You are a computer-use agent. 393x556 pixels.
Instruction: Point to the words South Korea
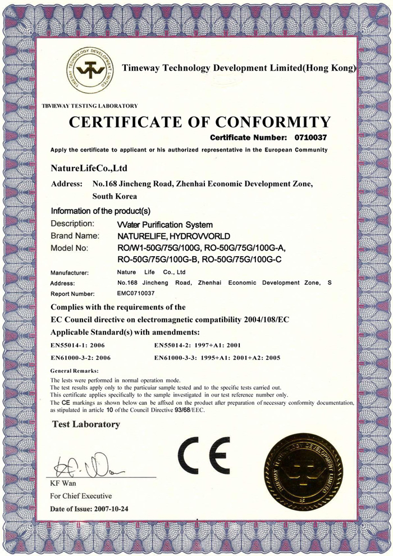(x=115, y=197)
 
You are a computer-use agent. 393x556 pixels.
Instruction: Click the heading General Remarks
(x=74, y=371)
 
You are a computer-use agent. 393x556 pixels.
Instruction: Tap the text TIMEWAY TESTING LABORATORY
(x=89, y=106)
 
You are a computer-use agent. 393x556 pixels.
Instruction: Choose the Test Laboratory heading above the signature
(x=86, y=424)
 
